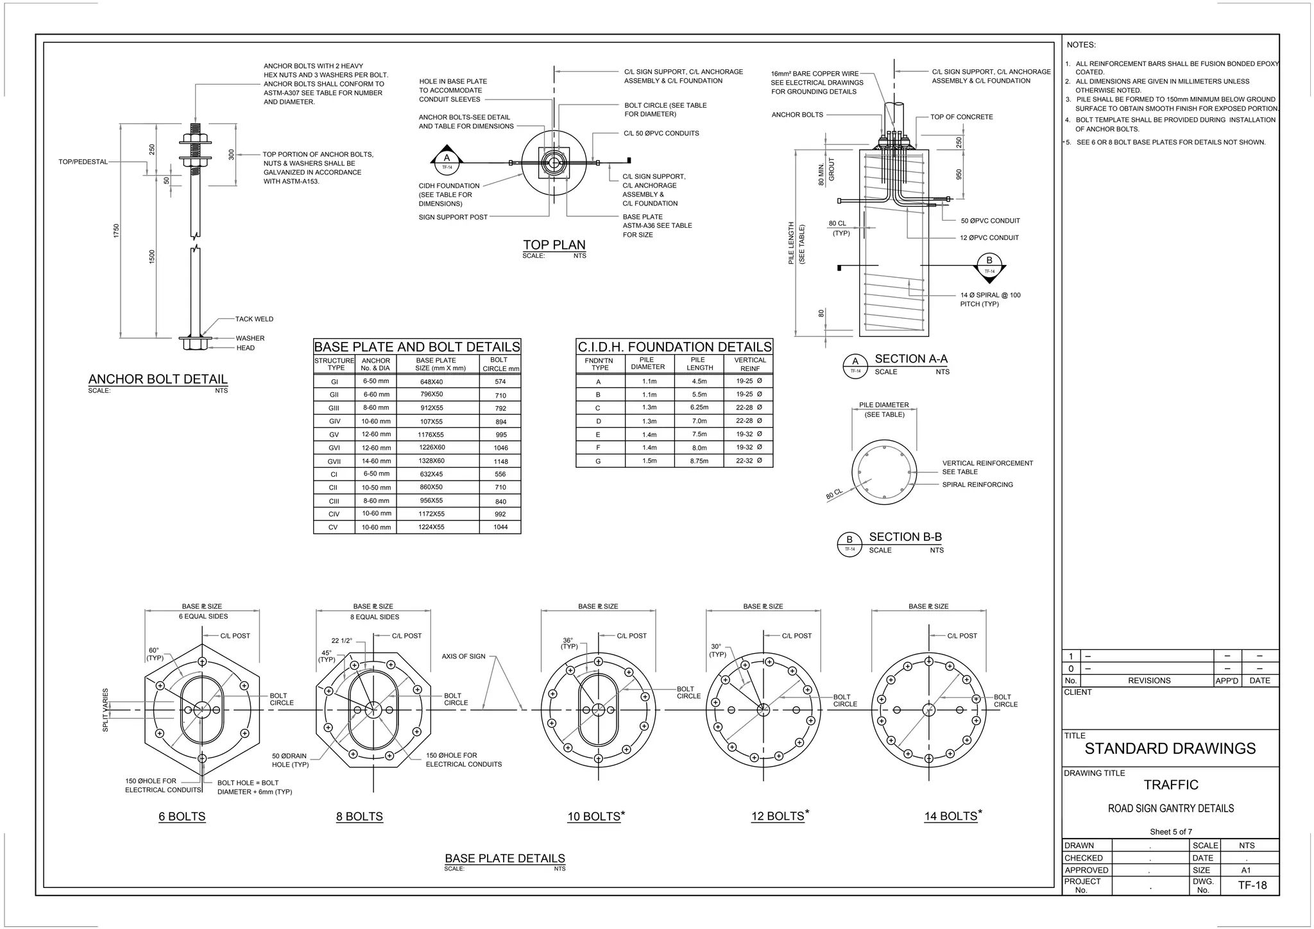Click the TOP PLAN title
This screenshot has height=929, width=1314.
click(x=554, y=244)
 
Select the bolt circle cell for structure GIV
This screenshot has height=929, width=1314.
click(x=500, y=422)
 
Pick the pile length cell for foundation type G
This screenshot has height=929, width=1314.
click(x=699, y=461)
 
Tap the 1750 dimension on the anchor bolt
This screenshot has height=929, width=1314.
click(x=116, y=231)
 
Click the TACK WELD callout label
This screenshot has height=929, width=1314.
click(x=254, y=319)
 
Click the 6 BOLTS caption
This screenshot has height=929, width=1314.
click(x=182, y=817)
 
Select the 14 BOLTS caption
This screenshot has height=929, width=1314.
click(x=950, y=816)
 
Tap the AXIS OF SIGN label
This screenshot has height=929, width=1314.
click(x=464, y=656)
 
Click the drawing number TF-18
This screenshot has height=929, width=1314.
click(x=1252, y=885)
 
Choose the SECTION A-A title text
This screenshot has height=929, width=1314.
click(x=910, y=359)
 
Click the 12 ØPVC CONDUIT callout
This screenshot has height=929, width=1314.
click(x=989, y=237)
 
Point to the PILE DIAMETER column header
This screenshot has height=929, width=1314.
click(x=647, y=364)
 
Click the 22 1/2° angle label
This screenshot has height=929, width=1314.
click(x=341, y=640)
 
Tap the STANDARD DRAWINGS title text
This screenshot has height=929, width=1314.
click(x=1170, y=749)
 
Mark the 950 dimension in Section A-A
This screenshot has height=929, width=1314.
click(x=959, y=174)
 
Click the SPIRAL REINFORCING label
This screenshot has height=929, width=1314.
click(x=977, y=484)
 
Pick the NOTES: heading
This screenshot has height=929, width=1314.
click(x=1081, y=45)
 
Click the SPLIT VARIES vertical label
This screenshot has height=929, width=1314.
click(x=106, y=710)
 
